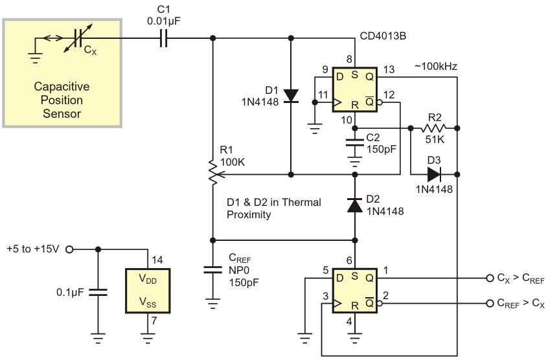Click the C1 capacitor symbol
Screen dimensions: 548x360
point(164,38)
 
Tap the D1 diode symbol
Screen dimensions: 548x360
point(291,96)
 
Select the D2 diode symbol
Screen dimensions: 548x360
point(355,205)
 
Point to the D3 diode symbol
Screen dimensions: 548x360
point(434,174)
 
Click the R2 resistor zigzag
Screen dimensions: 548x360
point(434,128)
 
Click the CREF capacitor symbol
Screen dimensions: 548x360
point(212,269)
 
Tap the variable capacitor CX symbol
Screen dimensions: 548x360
point(78,38)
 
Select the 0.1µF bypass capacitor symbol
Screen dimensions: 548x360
point(98,292)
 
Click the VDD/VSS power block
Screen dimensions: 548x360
point(148,291)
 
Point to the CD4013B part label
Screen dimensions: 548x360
point(383,36)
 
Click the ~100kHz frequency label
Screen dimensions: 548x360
point(435,66)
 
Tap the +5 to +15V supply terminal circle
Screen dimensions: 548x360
point(69,249)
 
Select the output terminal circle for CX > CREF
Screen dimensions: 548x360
point(490,278)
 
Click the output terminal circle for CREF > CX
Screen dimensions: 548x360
point(490,303)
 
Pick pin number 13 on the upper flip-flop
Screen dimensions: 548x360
point(389,69)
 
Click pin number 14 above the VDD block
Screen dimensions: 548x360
point(157,260)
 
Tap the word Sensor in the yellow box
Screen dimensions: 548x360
point(62,113)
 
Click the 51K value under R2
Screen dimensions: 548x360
point(435,140)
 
